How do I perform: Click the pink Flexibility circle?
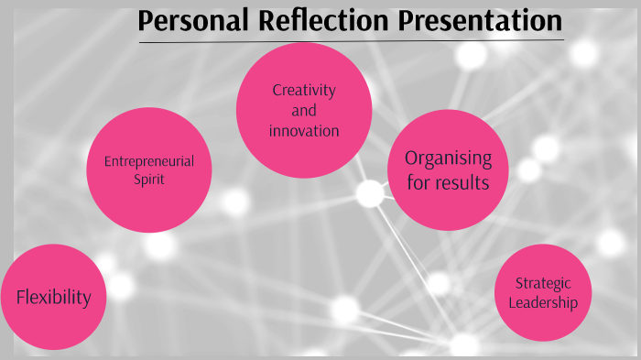pyautogui.click(x=52, y=297)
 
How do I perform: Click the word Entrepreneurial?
pyautogui.click(x=148, y=161)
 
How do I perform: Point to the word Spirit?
pyautogui.click(x=148, y=180)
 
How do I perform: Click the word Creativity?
pyautogui.click(x=304, y=91)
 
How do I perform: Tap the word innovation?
pyautogui.click(x=304, y=131)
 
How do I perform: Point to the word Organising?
pyautogui.click(x=448, y=158)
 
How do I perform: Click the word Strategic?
pyautogui.click(x=543, y=284)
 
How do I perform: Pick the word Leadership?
pyautogui.click(x=543, y=302)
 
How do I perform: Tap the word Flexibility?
pyautogui.click(x=53, y=297)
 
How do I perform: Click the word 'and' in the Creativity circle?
pyautogui.click(x=304, y=111)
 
